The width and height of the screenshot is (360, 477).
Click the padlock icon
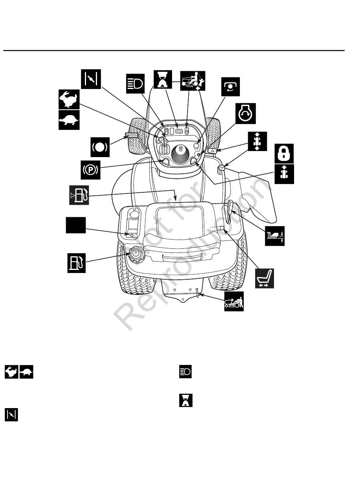(284, 153)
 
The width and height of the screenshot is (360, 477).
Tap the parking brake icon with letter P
(91, 170)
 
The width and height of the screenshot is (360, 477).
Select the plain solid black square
(76, 225)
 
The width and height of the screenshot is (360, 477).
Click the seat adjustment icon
(264, 278)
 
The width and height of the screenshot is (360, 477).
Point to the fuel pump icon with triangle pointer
(79, 195)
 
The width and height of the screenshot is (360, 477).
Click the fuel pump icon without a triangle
(76, 263)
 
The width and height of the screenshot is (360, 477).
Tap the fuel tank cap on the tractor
(136, 254)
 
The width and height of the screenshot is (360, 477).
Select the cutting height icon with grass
(274, 236)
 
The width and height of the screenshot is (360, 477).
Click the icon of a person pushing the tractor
(234, 301)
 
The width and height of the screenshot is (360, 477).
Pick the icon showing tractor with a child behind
(193, 81)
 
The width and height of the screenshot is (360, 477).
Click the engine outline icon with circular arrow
(246, 114)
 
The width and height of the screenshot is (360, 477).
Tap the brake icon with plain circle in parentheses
(100, 147)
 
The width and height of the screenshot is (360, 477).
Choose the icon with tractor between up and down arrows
(257, 141)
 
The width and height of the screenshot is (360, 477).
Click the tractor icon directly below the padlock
(284, 174)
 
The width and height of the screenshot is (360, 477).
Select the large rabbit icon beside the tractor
(69, 99)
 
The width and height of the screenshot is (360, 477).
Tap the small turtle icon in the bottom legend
(26, 372)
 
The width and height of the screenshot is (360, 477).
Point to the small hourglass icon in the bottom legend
(186, 400)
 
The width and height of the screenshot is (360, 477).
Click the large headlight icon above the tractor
(135, 83)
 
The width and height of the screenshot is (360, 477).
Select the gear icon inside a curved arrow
(230, 86)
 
